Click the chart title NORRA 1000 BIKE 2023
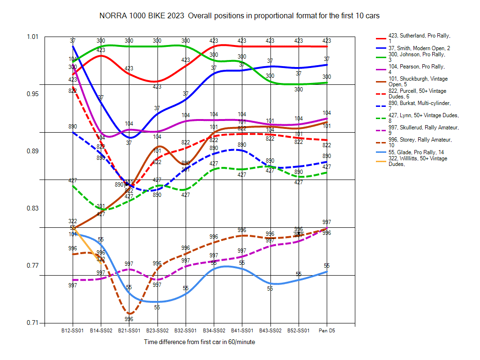coord(239,15)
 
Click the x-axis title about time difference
coord(200,342)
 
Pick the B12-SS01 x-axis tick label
coord(73,330)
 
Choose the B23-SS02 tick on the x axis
coord(157,330)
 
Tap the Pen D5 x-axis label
coord(327,330)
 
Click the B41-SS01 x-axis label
coord(242,330)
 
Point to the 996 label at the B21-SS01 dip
coord(129,319)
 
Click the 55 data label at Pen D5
coord(327,266)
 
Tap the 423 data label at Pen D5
coord(327,41)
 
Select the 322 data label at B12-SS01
coord(73,221)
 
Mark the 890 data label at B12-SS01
coord(73,127)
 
